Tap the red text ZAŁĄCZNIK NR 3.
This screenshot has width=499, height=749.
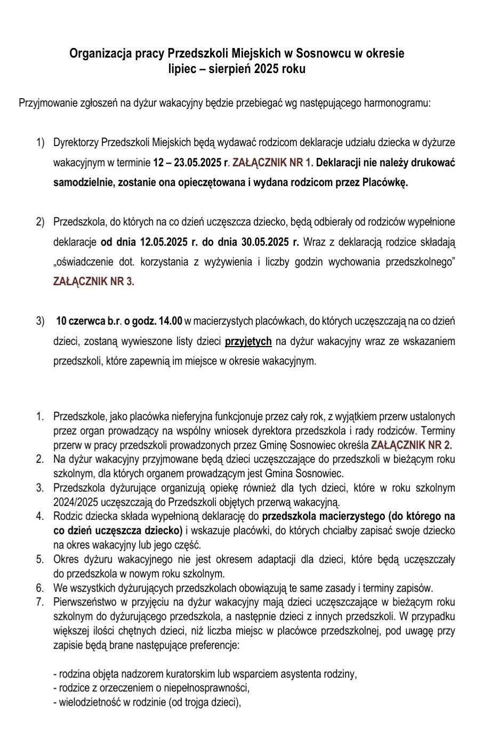93,282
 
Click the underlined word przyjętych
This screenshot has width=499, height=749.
248,341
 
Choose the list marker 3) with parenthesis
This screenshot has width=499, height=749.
41,321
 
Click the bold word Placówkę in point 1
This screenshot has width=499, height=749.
385,183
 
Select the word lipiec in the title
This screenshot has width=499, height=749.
182,69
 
